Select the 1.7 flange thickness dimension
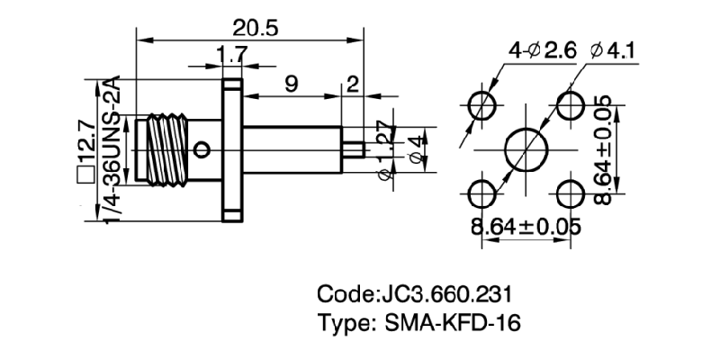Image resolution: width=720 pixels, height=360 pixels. (232, 56)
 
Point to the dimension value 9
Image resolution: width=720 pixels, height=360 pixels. (292, 85)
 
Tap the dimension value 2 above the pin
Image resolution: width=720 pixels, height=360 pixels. (352, 85)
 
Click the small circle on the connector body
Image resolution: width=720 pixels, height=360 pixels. (204, 148)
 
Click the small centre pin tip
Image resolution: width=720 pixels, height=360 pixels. (356, 148)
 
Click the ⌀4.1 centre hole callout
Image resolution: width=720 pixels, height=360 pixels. (613, 52)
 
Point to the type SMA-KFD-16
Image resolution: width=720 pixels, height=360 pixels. (419, 323)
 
